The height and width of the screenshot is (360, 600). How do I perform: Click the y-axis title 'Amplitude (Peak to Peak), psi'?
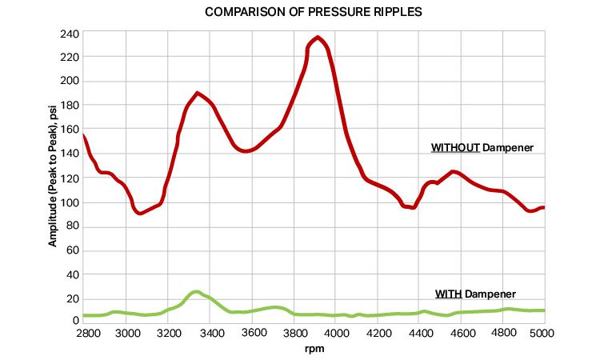coord(53,178)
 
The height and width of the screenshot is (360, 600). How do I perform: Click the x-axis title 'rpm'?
coord(314,350)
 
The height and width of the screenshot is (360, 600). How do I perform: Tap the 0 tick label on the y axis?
coord(74,321)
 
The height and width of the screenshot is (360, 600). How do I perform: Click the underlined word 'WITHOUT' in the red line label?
coord(455,148)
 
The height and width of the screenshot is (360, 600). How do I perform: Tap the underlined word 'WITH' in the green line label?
coord(448,294)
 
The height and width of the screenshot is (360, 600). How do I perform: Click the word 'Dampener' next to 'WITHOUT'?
coord(508,148)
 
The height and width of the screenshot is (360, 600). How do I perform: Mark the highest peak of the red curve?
coord(318,37)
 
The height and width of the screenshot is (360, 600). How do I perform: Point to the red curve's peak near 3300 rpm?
coord(198,93)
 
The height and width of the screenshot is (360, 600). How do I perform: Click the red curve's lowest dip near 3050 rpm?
coord(140,214)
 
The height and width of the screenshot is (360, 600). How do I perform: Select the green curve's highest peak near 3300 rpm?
coord(195,292)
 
